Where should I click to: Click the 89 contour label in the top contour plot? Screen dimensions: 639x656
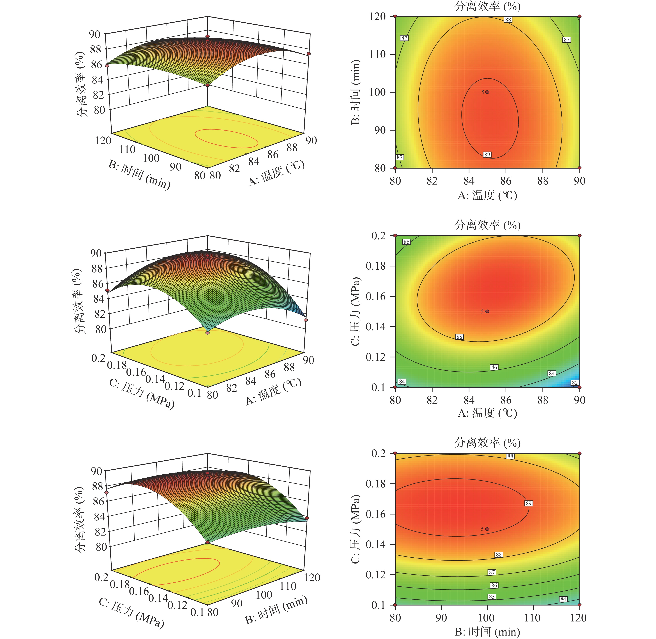click(x=487, y=154)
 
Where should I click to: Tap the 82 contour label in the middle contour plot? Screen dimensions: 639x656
click(x=575, y=383)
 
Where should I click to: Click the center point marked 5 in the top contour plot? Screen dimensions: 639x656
click(x=487, y=92)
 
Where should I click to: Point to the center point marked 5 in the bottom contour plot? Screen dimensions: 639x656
click(x=487, y=529)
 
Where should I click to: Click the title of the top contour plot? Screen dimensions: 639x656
click(x=487, y=6)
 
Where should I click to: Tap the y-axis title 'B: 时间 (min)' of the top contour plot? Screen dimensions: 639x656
click(x=356, y=92)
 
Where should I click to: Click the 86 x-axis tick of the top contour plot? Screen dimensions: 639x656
click(x=506, y=181)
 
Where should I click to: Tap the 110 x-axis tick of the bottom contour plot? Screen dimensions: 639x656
click(x=532, y=617)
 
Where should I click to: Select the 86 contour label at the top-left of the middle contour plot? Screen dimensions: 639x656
click(x=407, y=242)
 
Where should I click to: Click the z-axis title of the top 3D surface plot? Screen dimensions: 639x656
click(x=81, y=84)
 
